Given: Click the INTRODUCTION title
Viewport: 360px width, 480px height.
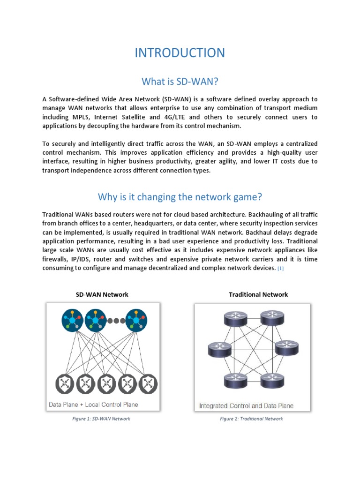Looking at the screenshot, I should tap(180, 52).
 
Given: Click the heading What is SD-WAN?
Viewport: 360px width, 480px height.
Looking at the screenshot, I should tap(180, 82).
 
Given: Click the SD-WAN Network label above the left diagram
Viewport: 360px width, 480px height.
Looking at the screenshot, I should tap(102, 294).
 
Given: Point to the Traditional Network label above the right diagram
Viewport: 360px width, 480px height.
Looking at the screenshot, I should tap(258, 294).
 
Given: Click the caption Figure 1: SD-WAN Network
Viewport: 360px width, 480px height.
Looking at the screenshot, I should tap(102, 419).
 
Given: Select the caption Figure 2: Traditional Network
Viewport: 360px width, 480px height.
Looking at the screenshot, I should tap(251, 419).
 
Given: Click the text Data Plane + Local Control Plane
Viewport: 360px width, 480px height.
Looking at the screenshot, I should tap(94, 404).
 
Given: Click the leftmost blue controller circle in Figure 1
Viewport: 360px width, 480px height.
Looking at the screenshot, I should tap(72, 321).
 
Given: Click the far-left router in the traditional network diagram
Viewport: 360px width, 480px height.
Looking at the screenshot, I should tap(217, 348).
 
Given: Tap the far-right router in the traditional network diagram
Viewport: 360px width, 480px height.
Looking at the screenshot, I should tap(284, 348).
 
